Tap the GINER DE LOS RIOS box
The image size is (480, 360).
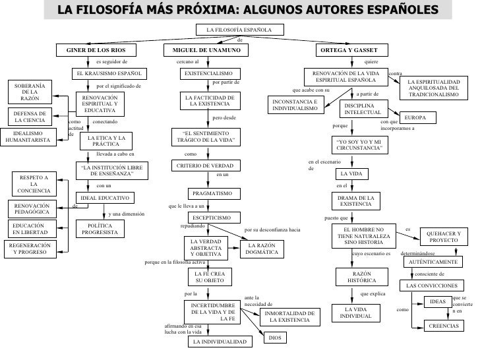click(96, 50)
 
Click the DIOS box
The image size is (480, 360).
click(274, 338)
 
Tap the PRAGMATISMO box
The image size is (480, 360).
click(210, 194)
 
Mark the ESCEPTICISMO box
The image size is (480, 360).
click(210, 218)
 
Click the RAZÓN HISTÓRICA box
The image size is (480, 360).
click(355, 277)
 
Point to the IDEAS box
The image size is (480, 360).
click(438, 302)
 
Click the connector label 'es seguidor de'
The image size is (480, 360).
click(111, 61)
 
